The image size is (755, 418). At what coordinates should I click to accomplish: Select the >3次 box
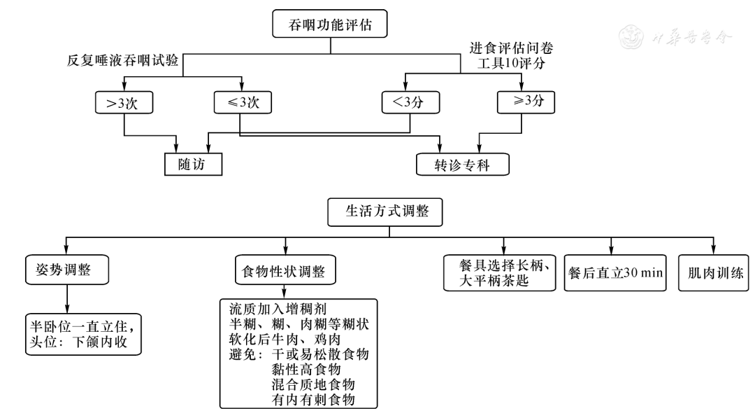pos(123,102)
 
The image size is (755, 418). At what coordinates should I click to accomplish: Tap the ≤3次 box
pos(242,102)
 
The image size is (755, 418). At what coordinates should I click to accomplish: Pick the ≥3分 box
pos(524,102)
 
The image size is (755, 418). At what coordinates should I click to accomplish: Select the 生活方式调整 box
pos(384,213)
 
